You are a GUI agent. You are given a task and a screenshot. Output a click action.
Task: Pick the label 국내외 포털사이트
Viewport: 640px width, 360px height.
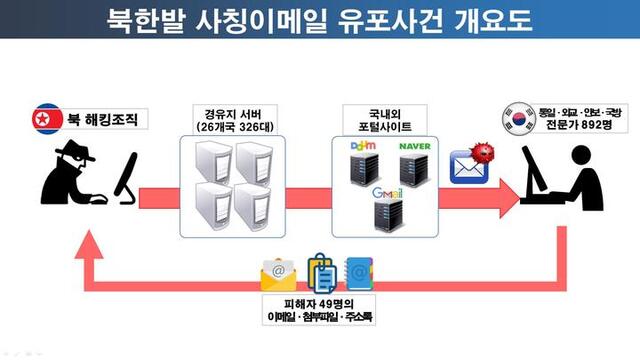tap(385, 116)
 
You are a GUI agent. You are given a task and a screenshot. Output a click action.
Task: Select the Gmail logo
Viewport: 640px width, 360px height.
tap(386, 190)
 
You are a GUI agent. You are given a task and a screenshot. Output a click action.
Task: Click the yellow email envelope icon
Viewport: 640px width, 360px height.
tap(278, 272)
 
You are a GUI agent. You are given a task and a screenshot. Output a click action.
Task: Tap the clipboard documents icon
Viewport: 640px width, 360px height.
tap(320, 270)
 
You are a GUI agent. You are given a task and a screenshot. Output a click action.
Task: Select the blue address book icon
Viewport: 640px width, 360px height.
tap(359, 271)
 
